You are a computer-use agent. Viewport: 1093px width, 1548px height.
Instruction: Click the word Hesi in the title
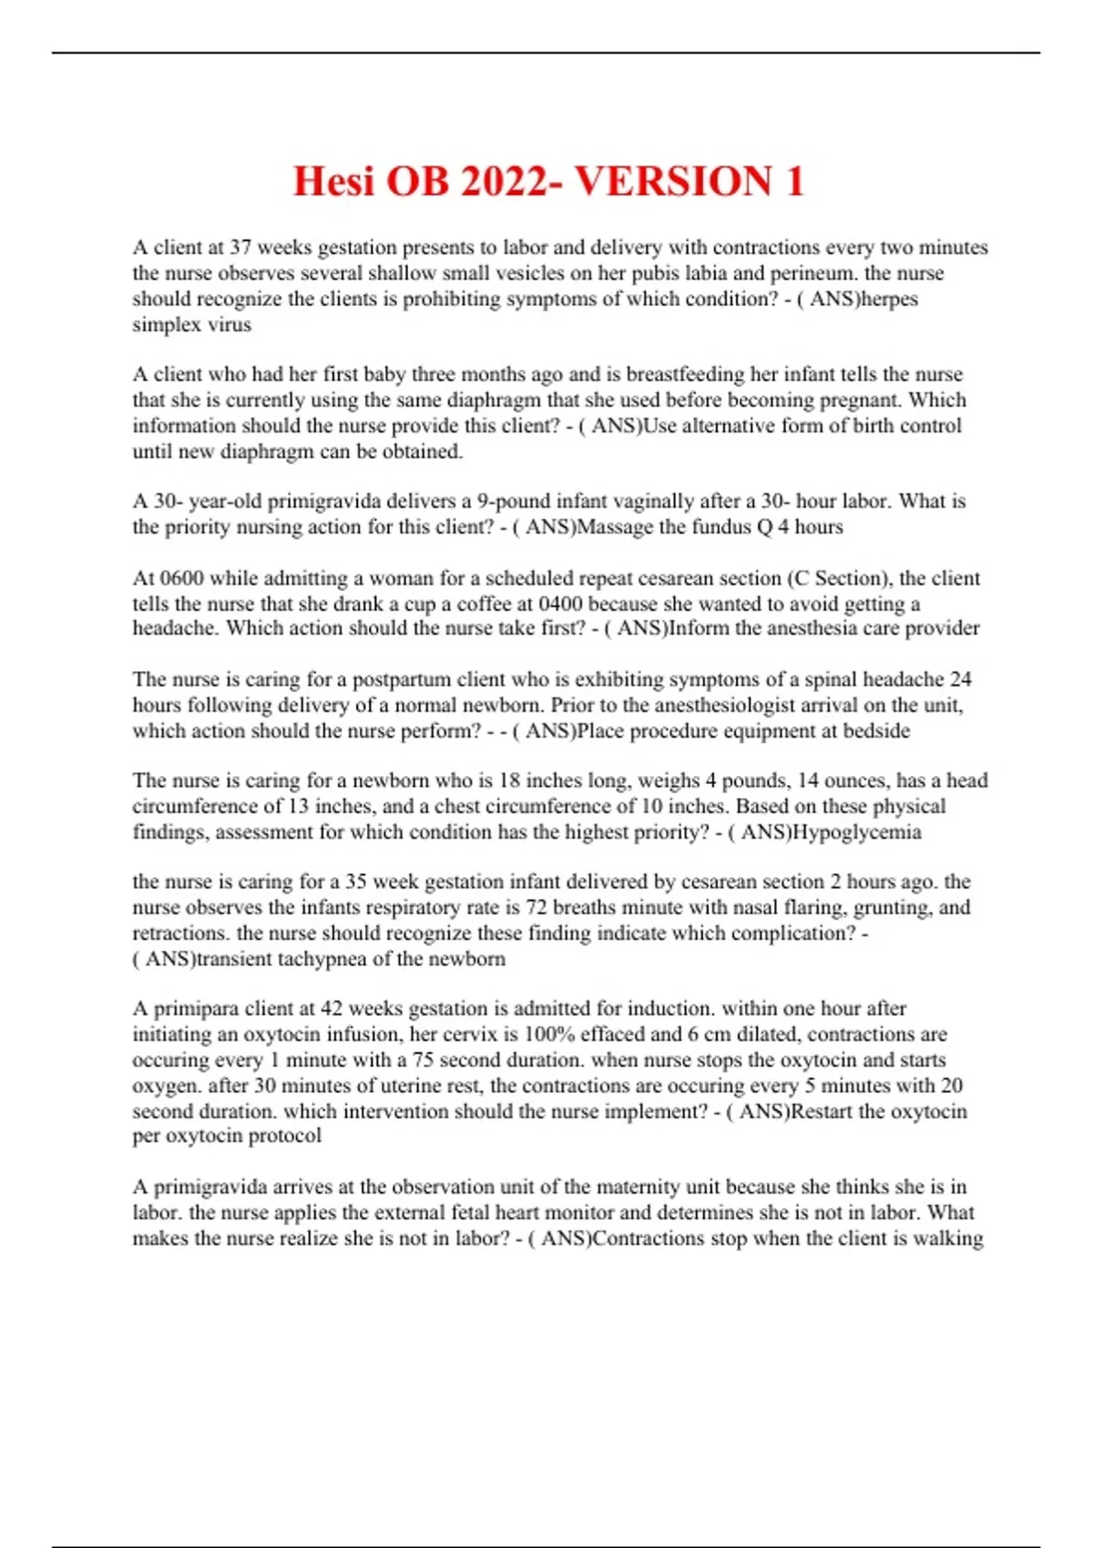[x=333, y=181]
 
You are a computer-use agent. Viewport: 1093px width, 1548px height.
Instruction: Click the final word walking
[x=954, y=1238]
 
